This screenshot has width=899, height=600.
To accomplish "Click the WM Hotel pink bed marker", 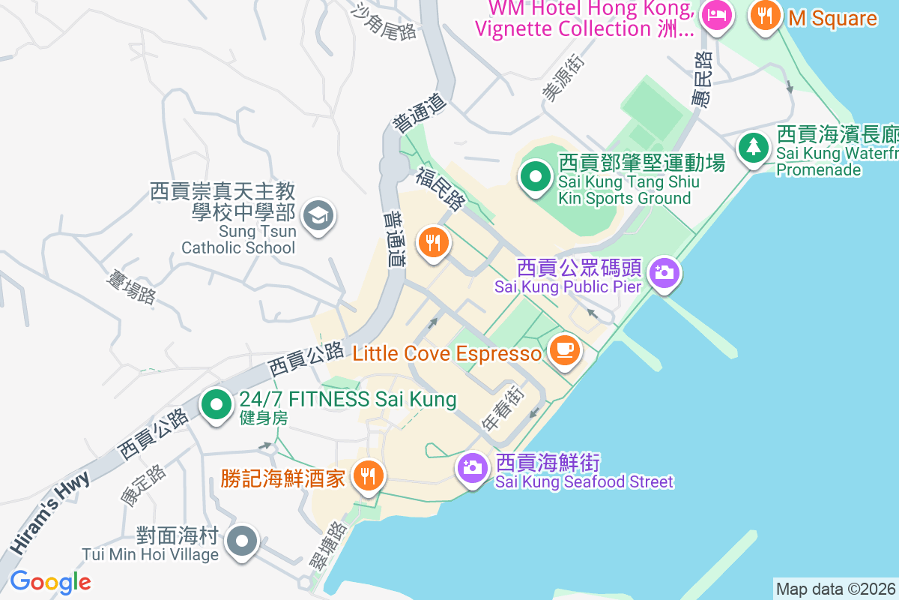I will click(x=718, y=15).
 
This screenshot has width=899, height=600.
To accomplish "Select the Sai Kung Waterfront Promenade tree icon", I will click(x=752, y=147).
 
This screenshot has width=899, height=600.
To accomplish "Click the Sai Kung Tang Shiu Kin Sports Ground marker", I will click(x=535, y=178).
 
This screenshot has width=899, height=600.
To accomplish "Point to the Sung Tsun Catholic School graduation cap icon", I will click(x=318, y=217).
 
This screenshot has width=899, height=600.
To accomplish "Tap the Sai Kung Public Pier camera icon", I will click(x=663, y=272).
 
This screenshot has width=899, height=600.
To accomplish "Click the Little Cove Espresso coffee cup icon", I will click(x=564, y=350).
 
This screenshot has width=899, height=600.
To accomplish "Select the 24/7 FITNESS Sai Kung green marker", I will click(x=217, y=405).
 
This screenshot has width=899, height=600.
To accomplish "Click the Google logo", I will click(x=50, y=582).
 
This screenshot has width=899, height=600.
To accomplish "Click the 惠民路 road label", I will click(x=702, y=79).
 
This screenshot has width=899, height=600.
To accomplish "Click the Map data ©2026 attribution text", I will click(x=835, y=589).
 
